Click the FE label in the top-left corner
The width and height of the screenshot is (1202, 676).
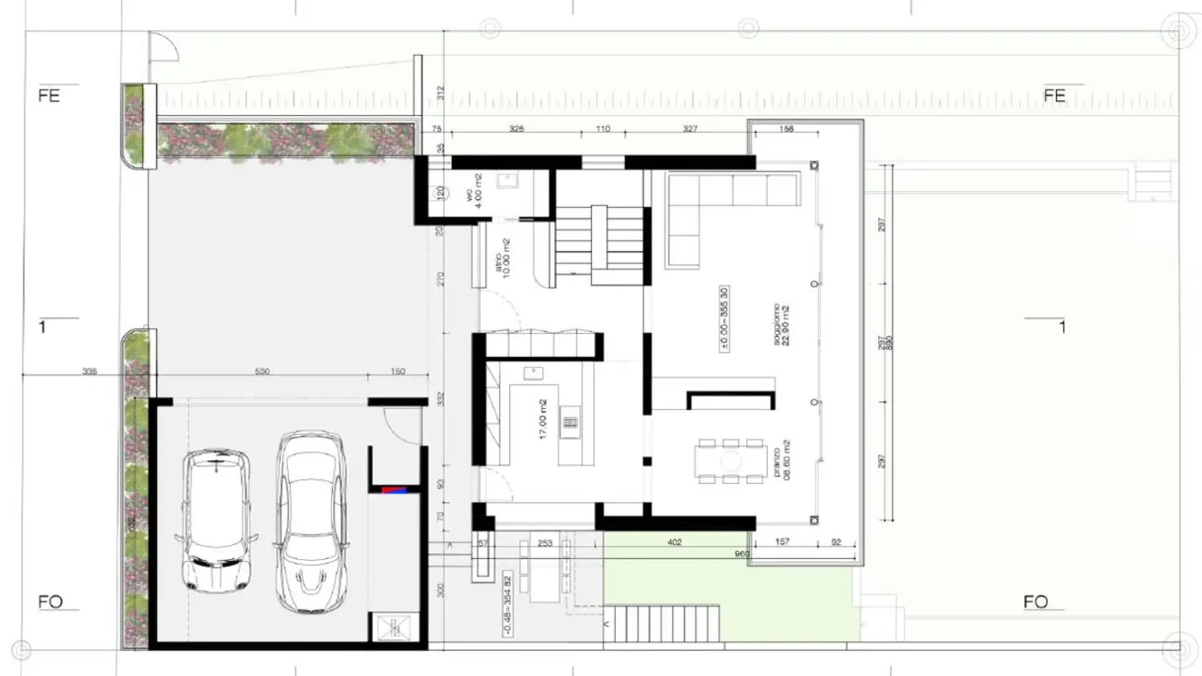tap(49, 96)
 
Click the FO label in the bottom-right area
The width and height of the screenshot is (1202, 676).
tap(1035, 602)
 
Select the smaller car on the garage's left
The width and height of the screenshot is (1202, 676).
tap(216, 522)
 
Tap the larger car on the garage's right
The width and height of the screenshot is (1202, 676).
tap(311, 522)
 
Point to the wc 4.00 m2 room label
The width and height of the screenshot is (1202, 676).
tap(473, 192)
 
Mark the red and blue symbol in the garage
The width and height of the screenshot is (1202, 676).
tap(392, 490)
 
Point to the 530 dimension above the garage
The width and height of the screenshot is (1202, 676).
tap(262, 371)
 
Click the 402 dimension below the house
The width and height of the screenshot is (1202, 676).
tap(675, 543)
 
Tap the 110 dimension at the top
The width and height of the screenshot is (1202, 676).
tap(603, 129)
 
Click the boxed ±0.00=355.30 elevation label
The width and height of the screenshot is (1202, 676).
tap(725, 320)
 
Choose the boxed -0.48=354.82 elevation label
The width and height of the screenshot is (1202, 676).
tap(507, 604)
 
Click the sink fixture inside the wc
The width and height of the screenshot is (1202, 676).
tap(507, 179)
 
